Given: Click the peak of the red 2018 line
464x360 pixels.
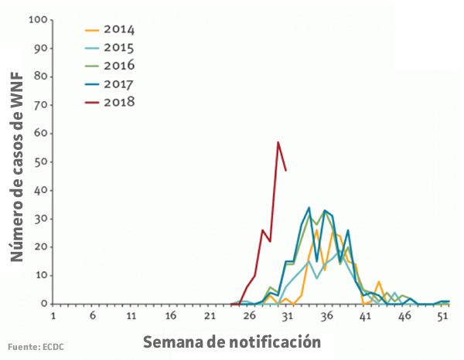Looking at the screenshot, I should pyautogui.click(x=278, y=142).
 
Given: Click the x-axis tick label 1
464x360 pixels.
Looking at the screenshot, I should pyautogui.click(x=53, y=317).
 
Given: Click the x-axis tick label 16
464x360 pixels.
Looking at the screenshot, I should pyautogui.click(x=171, y=317).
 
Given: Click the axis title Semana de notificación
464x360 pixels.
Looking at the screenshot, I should pyautogui.click(x=231, y=340).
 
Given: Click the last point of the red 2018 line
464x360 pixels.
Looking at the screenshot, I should pyautogui.click(x=286, y=170).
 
